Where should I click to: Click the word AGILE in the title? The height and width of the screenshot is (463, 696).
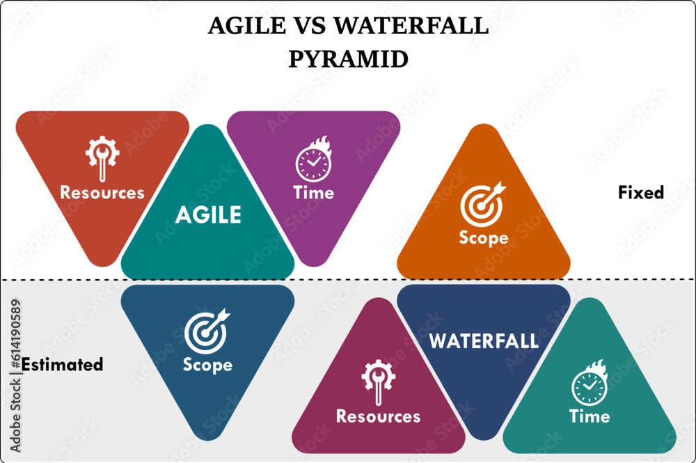246,26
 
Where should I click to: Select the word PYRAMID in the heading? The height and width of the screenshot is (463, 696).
348,59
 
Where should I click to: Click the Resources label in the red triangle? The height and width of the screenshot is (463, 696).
102,192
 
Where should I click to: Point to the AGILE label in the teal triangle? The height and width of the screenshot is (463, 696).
208,215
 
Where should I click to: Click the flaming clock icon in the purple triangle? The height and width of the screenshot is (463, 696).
313,160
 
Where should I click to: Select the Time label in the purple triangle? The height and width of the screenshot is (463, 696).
313,193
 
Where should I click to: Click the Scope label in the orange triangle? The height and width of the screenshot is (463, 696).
483,237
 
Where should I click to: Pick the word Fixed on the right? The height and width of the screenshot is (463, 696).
641,192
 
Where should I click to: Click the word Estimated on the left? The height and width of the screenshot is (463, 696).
62,364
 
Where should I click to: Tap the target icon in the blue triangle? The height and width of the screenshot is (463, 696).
207,330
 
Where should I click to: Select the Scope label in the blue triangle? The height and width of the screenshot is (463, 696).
207,365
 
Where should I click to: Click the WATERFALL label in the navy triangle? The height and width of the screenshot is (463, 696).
484,341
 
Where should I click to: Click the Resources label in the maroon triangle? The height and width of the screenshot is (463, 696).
378,416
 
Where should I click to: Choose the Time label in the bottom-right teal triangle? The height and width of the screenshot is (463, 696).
590,416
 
